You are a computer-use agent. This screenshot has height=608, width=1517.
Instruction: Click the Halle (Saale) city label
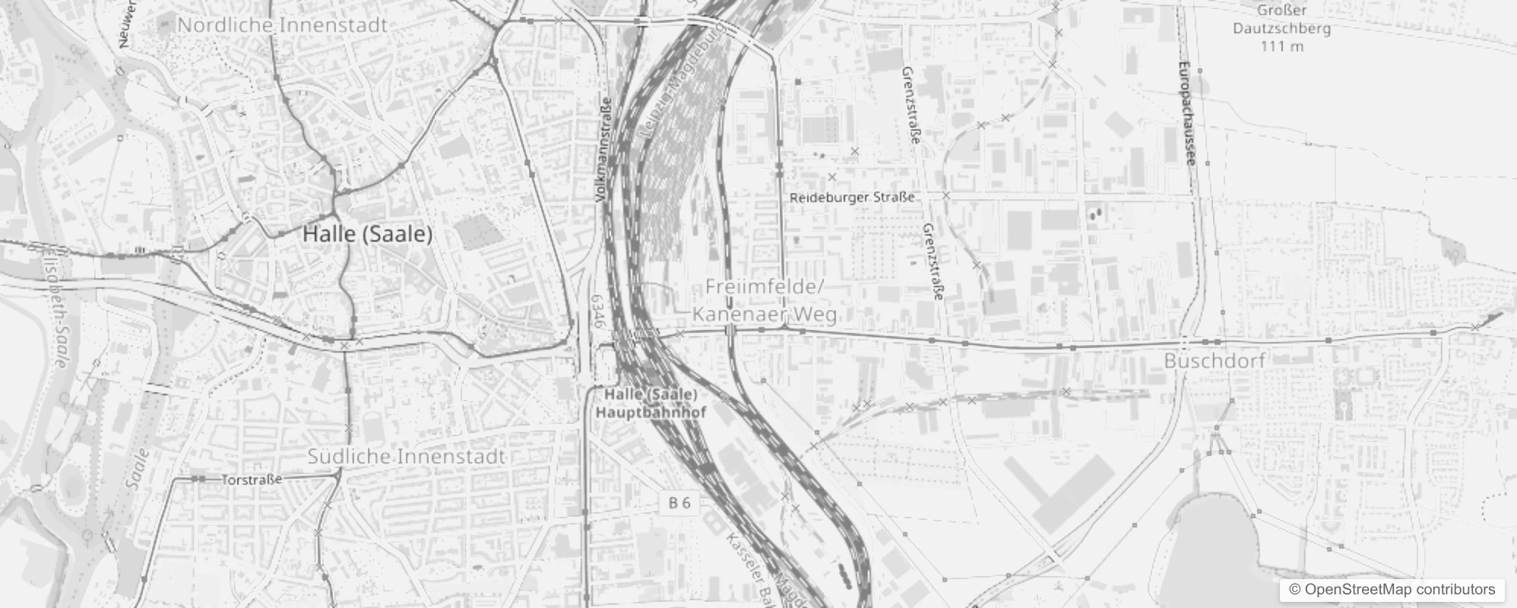[x=368, y=234]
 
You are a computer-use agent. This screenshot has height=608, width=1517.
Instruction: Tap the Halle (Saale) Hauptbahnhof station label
[x=651, y=404]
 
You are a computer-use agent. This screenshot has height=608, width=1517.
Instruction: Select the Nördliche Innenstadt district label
[x=282, y=25]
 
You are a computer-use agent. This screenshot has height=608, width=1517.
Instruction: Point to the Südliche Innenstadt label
[x=406, y=457]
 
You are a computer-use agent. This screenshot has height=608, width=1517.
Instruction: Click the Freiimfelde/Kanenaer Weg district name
[x=765, y=301]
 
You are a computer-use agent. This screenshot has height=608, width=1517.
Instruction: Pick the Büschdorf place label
[x=1215, y=360]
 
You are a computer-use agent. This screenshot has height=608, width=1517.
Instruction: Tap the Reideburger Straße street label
[x=852, y=198]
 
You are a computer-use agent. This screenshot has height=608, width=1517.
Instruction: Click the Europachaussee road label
[x=1188, y=114]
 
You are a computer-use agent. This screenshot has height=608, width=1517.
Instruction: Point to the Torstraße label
[x=252, y=480]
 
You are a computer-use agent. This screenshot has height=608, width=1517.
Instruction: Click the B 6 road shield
[x=679, y=503]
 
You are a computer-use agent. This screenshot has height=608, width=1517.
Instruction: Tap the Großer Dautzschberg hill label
[x=1281, y=20]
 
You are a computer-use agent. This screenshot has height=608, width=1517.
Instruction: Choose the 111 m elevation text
[x=1281, y=46]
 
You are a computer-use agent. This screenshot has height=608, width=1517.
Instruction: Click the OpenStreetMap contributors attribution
[x=1392, y=590]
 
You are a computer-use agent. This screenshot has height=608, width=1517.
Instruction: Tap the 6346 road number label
[x=597, y=312]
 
